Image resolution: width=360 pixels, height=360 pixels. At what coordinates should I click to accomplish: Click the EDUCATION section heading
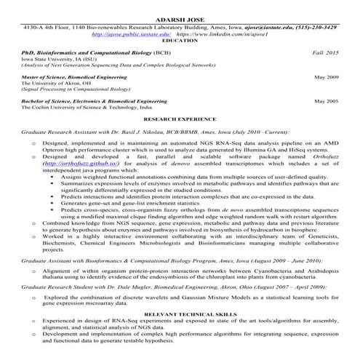(x=180, y=41)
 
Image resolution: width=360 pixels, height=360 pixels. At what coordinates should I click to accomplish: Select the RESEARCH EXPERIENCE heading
(x=180, y=116)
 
